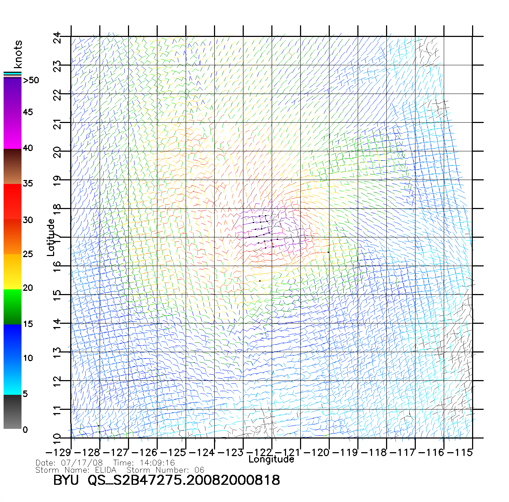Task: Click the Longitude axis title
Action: (271, 459)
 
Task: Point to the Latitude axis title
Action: (51, 237)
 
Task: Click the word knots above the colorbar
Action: (18, 54)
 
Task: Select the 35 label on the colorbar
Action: (28, 184)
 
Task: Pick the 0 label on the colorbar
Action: (25, 430)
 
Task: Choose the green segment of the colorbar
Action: (13, 307)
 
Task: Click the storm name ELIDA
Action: (106, 470)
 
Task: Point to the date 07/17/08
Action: (82, 463)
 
